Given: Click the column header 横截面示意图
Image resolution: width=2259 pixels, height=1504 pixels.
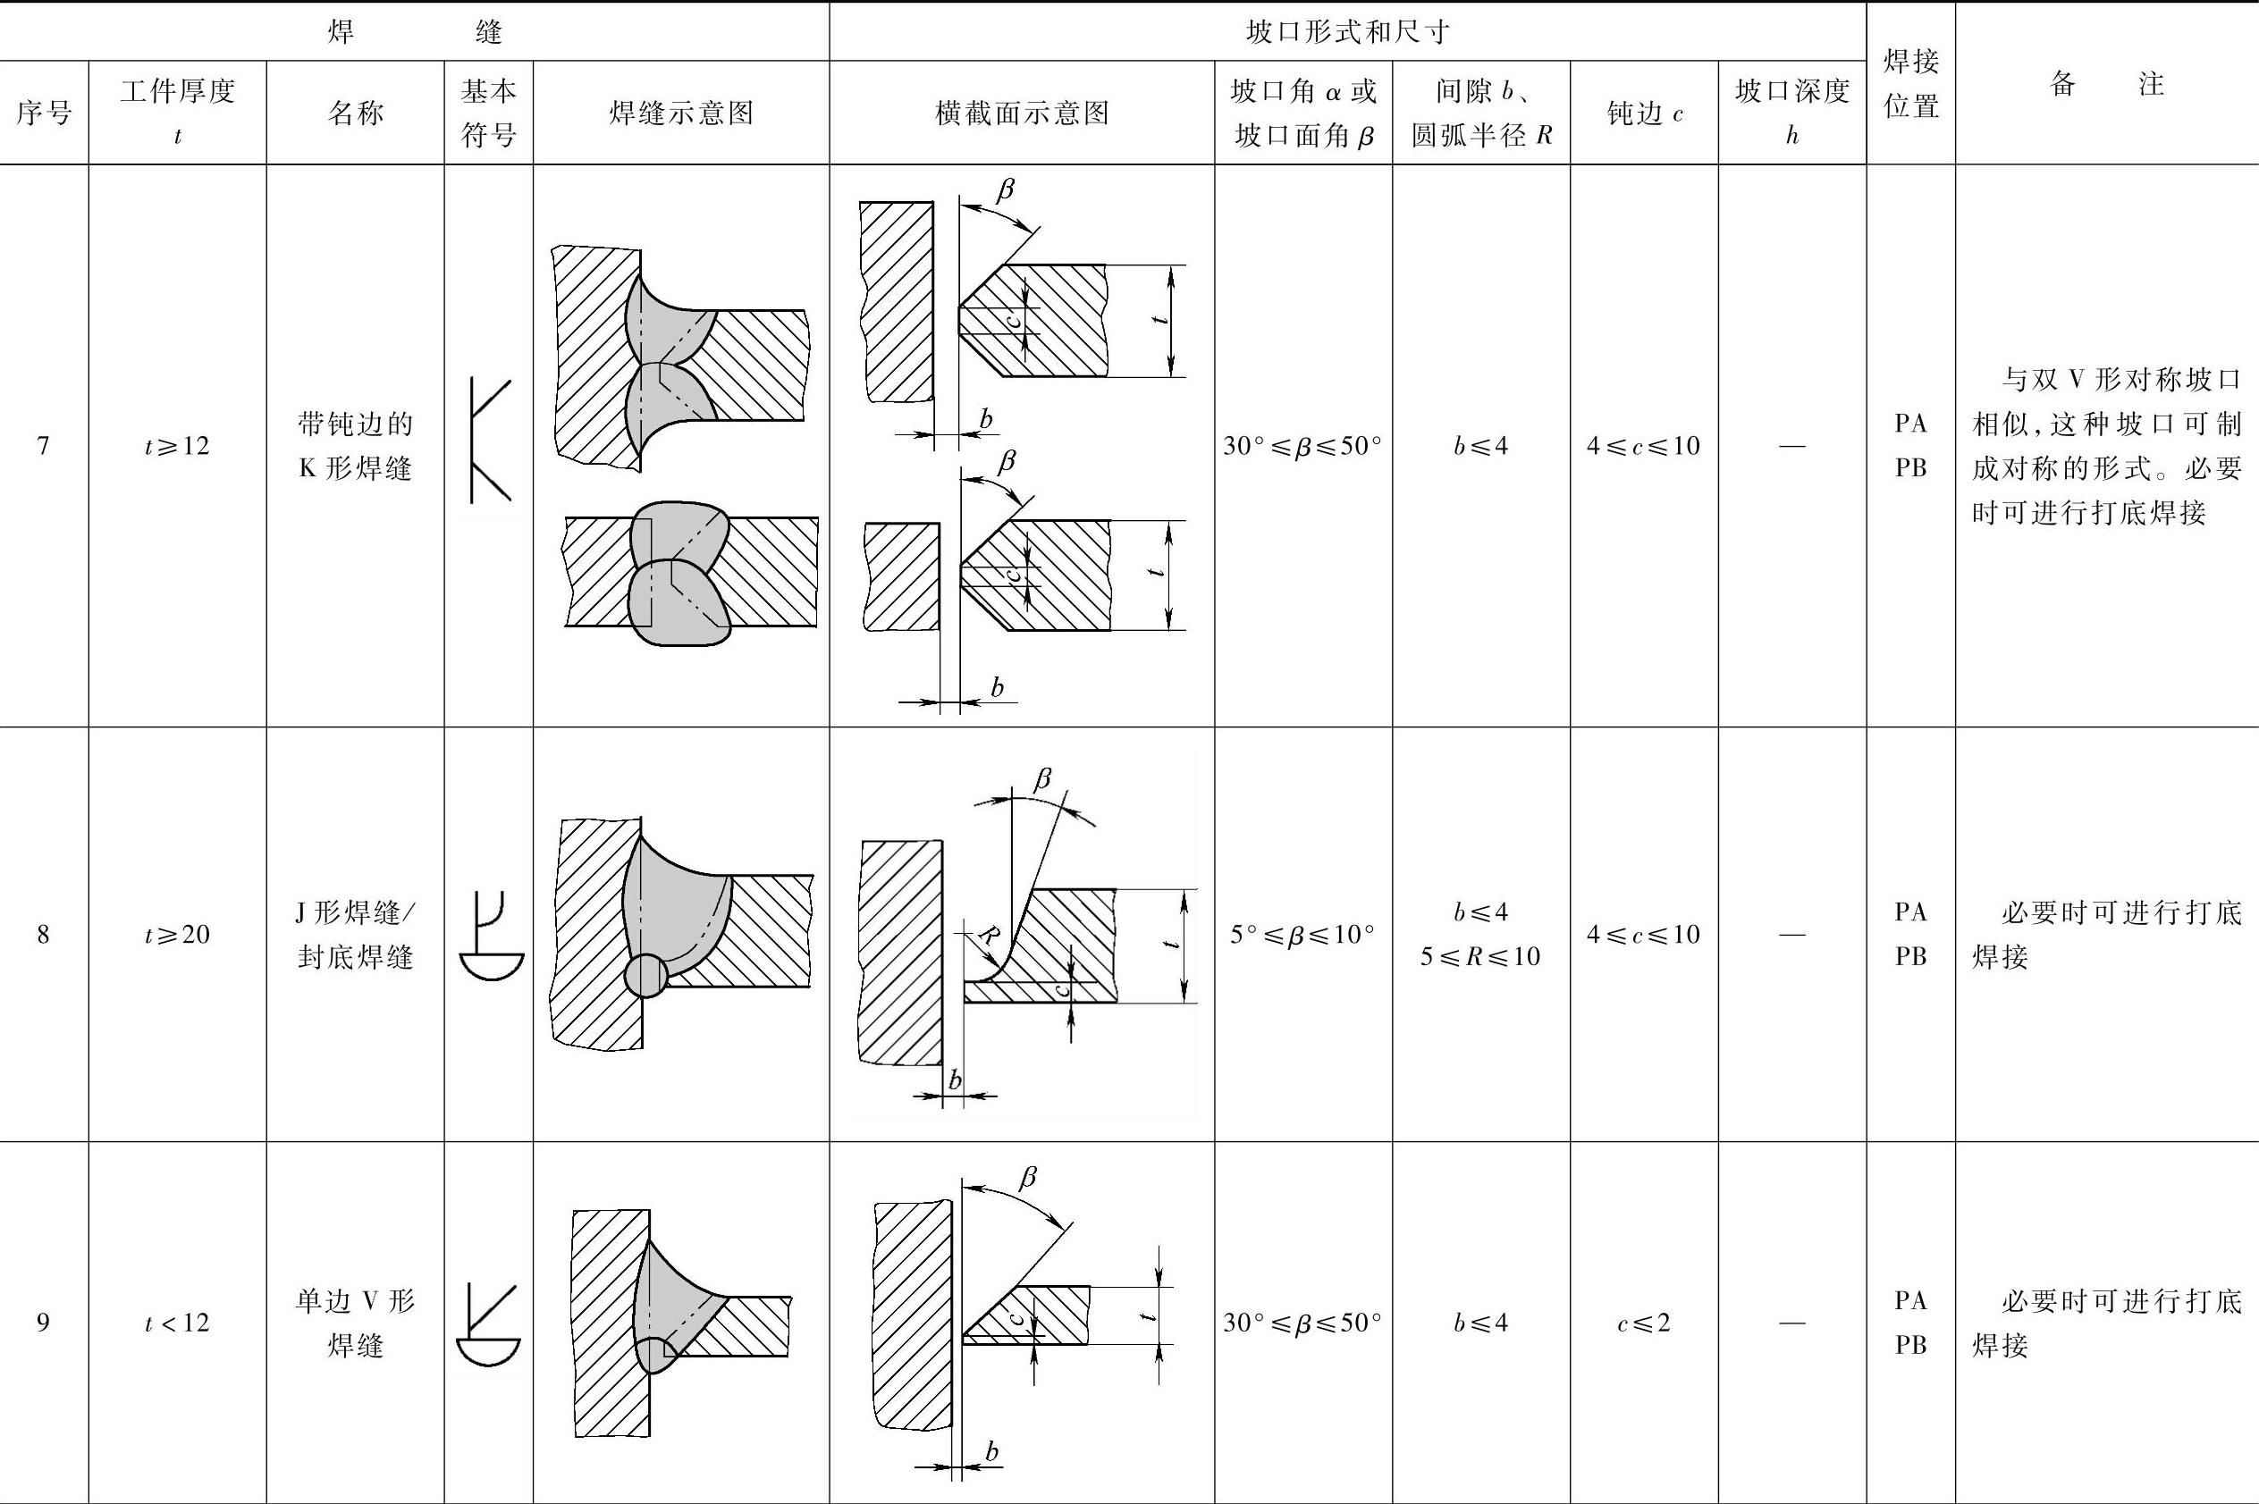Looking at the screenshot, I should tap(1022, 113).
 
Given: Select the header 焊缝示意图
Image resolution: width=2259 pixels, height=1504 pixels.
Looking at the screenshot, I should tap(681, 113).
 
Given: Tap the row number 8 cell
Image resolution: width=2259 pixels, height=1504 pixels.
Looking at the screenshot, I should tap(43, 934).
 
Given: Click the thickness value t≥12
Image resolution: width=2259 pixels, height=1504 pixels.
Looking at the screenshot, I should tap(178, 446).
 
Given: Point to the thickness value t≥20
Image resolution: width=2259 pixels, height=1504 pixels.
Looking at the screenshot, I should tap(178, 934).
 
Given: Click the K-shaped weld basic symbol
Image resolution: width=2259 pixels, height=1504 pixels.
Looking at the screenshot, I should tap(489, 441).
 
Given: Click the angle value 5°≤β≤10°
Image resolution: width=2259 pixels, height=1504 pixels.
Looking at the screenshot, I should tap(1302, 934).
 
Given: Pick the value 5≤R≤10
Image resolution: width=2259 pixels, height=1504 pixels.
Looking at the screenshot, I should tap(1480, 956).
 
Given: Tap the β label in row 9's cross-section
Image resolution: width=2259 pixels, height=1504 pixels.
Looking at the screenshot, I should tap(1027, 1177).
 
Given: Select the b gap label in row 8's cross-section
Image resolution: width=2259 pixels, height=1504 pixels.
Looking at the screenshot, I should tap(956, 1080).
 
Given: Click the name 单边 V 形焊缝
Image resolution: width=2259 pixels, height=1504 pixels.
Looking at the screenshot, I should tap(355, 1323).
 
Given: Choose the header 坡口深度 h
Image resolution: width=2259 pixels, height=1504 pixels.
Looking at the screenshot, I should tap(1791, 113).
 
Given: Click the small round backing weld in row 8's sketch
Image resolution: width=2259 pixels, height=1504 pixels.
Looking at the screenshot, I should tap(645, 977).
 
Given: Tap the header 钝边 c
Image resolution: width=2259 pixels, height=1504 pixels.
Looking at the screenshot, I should tap(1644, 113).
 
